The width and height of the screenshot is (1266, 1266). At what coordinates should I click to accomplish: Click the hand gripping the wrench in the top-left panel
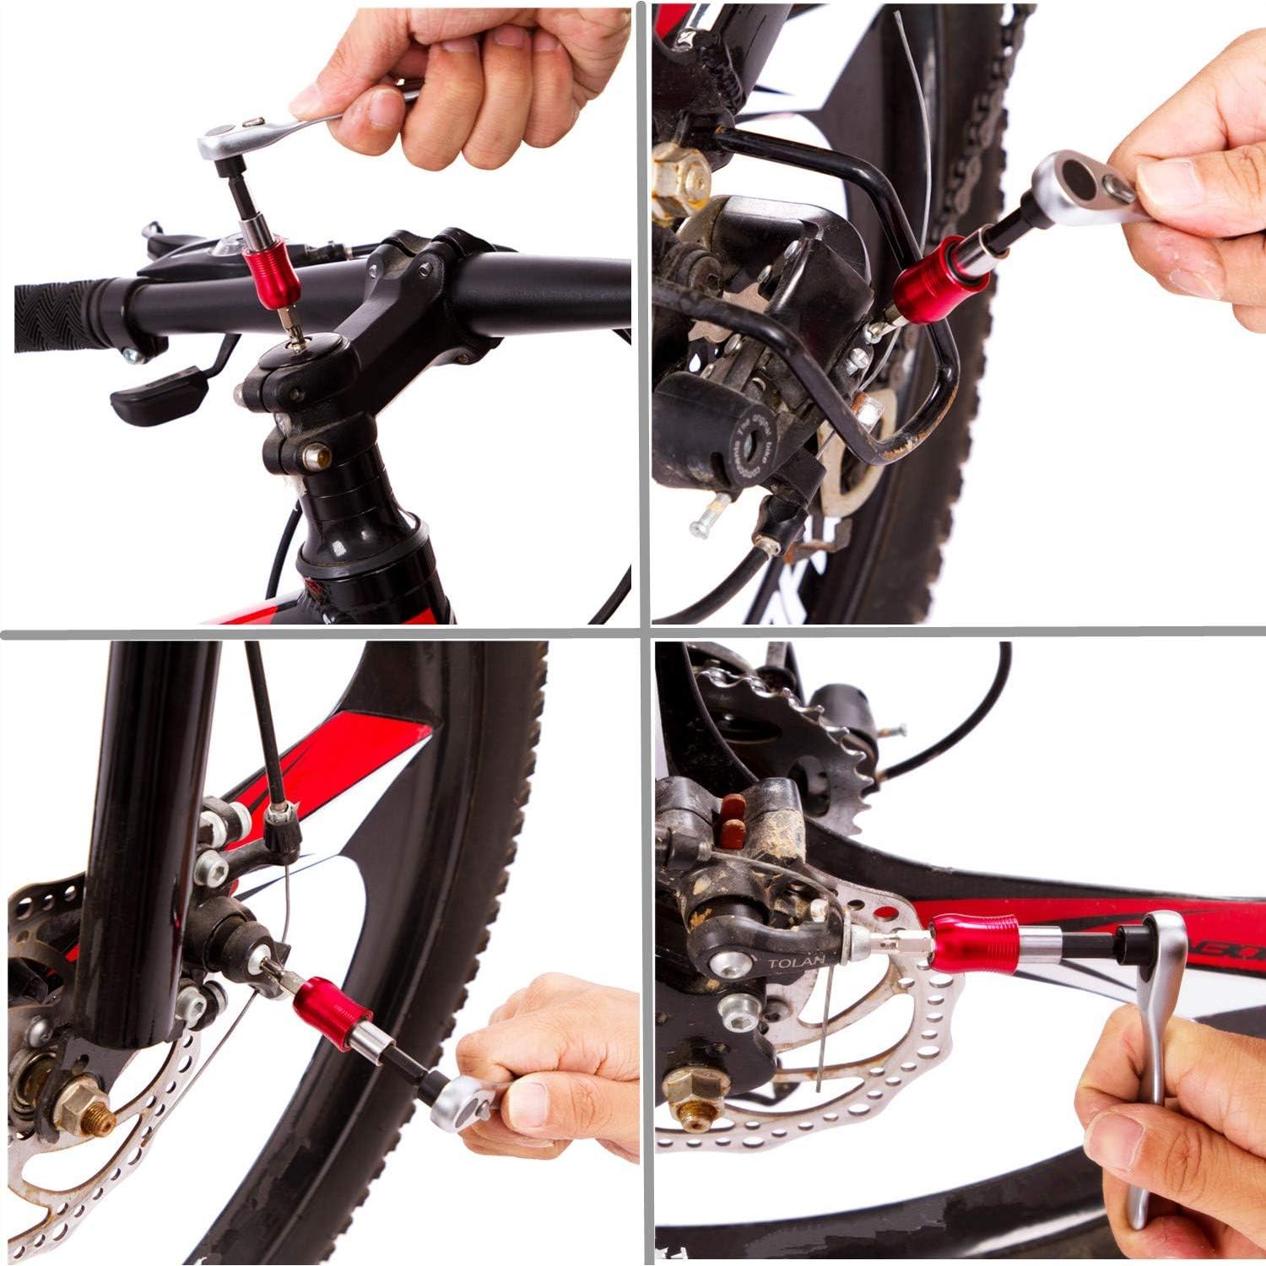click(473, 76)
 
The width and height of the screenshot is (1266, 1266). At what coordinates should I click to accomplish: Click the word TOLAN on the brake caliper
click(789, 963)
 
